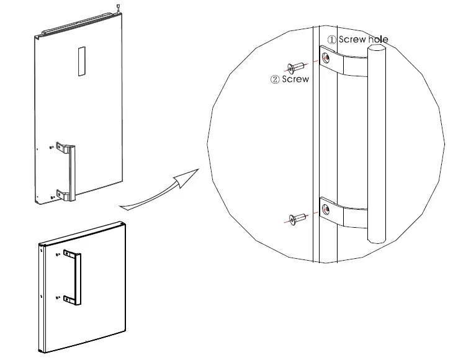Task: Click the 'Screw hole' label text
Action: coord(364,40)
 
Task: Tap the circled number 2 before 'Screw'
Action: coord(275,79)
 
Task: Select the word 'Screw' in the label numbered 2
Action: coord(295,79)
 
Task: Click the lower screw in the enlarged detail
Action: coord(298,218)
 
